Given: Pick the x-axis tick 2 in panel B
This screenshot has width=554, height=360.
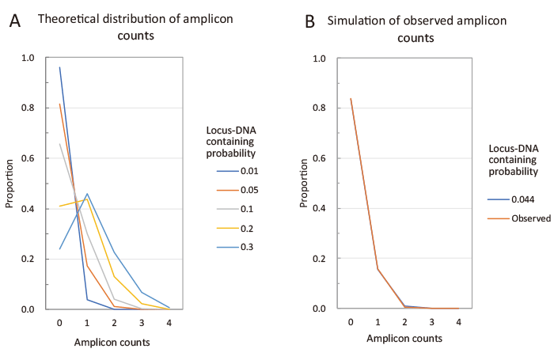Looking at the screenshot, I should (404, 323).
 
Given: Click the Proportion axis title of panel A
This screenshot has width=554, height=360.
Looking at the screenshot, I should (11, 184).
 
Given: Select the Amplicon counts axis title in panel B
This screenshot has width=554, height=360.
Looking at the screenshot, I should (404, 338).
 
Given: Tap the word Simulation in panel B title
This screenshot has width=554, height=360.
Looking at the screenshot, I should (357, 21).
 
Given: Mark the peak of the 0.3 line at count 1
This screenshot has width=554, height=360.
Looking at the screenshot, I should (87, 193).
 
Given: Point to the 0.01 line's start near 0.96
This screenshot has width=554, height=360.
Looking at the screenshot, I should (59, 67).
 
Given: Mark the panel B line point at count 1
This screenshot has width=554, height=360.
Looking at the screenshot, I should (378, 269).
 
